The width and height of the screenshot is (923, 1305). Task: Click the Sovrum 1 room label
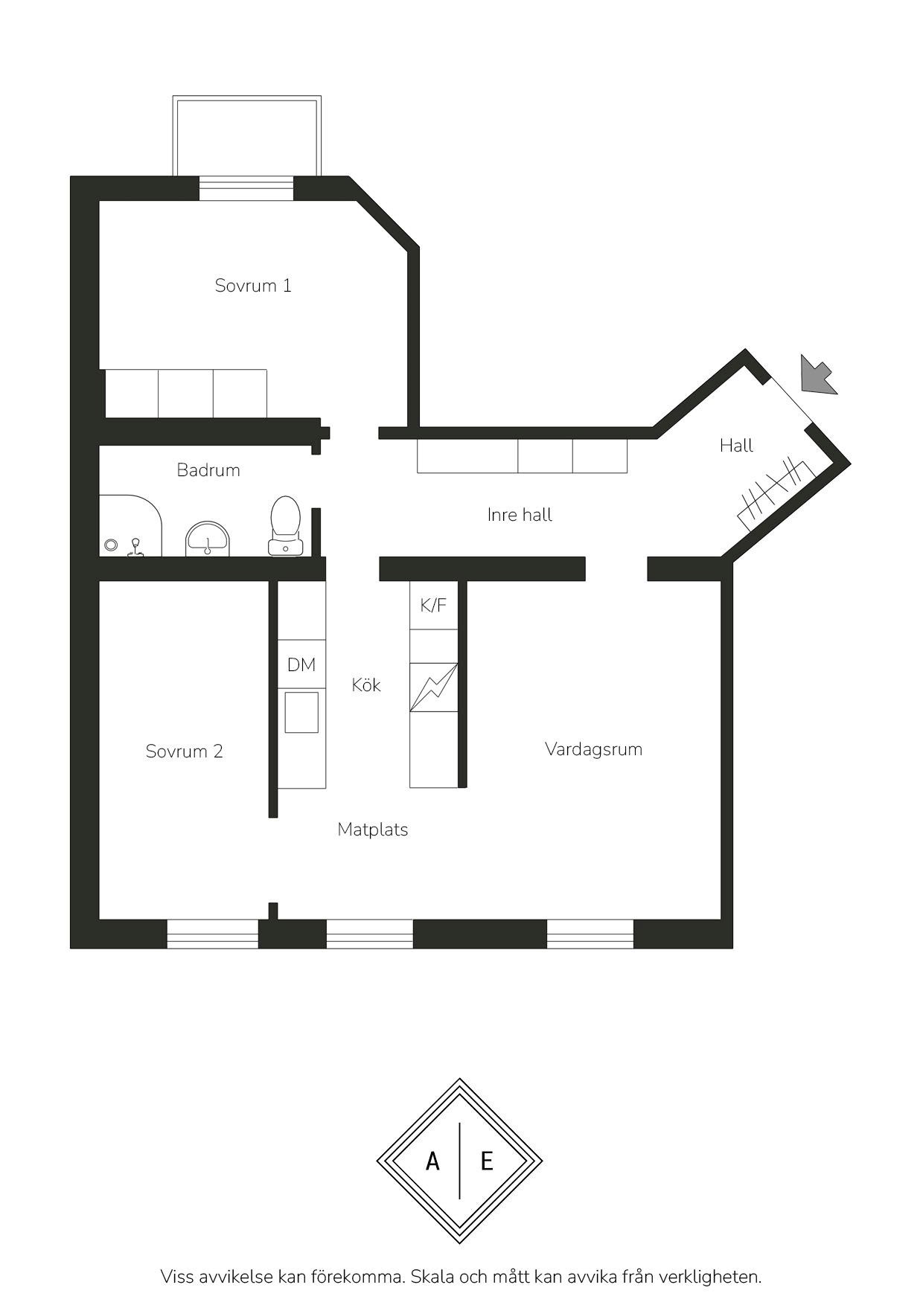click(253, 286)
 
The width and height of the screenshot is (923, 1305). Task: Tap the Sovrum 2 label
click(184, 751)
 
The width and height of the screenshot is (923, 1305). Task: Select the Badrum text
click(208, 470)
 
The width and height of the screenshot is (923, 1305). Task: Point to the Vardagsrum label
click(593, 750)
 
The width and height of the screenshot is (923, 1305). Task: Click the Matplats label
click(372, 830)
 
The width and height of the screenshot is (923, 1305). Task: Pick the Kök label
click(366, 684)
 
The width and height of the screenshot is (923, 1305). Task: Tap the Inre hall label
click(520, 515)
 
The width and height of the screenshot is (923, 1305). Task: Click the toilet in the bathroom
click(285, 525)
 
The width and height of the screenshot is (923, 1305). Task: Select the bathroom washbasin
click(208, 539)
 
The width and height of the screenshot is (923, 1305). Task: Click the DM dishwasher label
click(301, 665)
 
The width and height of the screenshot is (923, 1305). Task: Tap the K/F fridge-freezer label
click(433, 606)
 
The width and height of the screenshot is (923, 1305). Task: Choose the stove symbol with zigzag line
click(434, 687)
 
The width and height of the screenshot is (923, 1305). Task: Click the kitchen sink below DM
click(301, 712)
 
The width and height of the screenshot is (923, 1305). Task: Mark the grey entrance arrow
click(818, 375)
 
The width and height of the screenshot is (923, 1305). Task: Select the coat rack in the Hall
click(776, 494)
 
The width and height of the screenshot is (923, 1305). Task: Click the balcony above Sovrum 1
click(247, 135)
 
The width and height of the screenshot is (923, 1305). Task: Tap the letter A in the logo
click(432, 1161)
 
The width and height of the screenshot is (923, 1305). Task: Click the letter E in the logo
click(487, 1161)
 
